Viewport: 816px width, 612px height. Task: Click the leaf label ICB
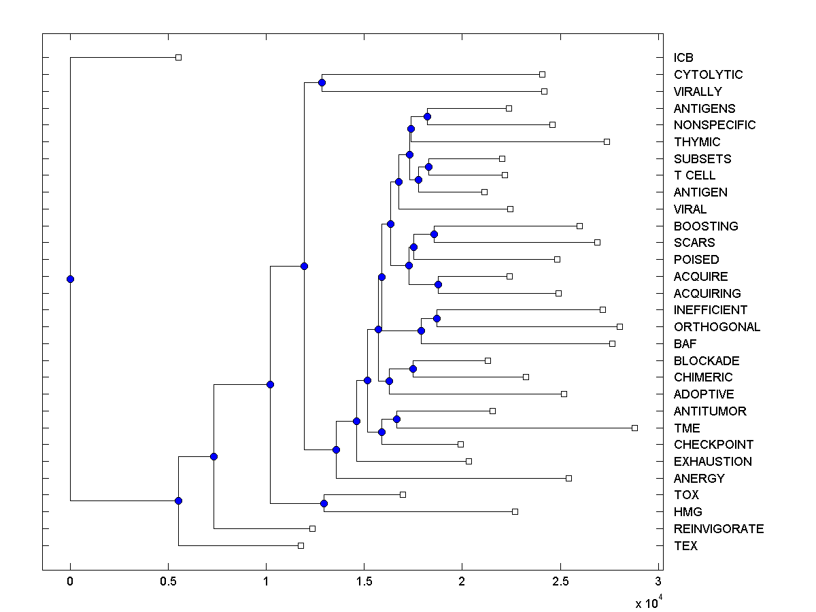tap(683, 58)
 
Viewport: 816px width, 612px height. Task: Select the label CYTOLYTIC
tap(708, 75)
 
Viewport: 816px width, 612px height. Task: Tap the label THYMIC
tap(697, 142)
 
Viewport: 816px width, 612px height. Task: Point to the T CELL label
tap(694, 175)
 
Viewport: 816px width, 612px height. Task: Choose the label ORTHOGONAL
tap(717, 327)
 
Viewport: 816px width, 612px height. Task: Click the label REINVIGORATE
tap(718, 529)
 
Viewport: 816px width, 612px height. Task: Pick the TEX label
tap(685, 546)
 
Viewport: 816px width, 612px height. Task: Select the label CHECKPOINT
tap(713, 445)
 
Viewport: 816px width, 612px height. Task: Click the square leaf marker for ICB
tap(178, 58)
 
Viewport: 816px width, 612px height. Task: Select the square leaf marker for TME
tap(634, 428)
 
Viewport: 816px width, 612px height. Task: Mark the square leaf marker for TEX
tap(301, 545)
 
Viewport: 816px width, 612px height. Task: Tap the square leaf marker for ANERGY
tap(569, 478)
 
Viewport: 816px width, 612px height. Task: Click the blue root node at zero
tap(70, 279)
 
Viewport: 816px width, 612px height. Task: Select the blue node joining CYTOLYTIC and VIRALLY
tap(322, 83)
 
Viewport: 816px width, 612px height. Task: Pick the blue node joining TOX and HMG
tap(324, 503)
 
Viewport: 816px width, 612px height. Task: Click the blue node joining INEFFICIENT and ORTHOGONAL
tap(437, 318)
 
